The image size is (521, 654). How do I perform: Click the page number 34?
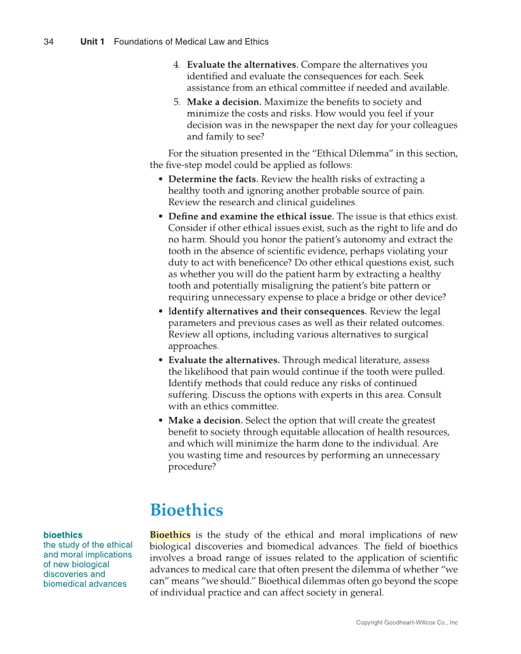pyautogui.click(x=49, y=42)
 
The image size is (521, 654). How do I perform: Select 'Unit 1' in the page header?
pyautogui.click(x=93, y=42)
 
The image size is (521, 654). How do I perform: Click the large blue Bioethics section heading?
pyautogui.click(x=186, y=510)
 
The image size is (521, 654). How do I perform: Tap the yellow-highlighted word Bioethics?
pyautogui.click(x=170, y=534)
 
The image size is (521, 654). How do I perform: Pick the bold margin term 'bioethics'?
pyautogui.click(x=63, y=534)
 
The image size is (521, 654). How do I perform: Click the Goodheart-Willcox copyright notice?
pyautogui.click(x=407, y=623)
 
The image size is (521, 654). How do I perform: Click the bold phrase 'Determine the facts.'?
pyautogui.click(x=213, y=179)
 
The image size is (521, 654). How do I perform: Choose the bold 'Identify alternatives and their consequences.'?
pyautogui.click(x=267, y=311)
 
